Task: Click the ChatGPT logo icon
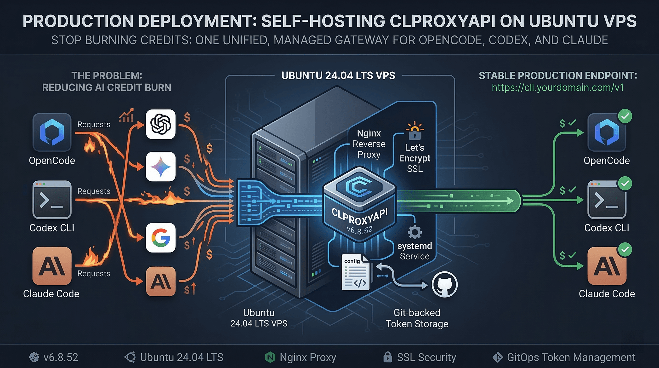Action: [161, 124]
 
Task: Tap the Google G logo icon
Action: [161, 238]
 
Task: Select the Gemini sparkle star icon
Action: [161, 167]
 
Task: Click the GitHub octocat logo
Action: [445, 284]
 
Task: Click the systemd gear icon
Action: [415, 232]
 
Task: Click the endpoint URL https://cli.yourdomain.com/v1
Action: [558, 87]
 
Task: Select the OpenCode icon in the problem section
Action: [52, 132]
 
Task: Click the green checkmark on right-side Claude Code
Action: [625, 249]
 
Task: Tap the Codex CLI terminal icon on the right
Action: [607, 200]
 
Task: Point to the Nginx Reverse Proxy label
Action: [369, 144]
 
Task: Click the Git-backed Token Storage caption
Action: [417, 318]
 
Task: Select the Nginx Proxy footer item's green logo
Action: [270, 357]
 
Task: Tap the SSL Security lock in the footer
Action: [388, 357]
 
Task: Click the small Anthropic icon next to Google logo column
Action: [161, 281]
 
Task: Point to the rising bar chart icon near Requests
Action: [126, 115]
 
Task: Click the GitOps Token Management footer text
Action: [571, 357]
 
